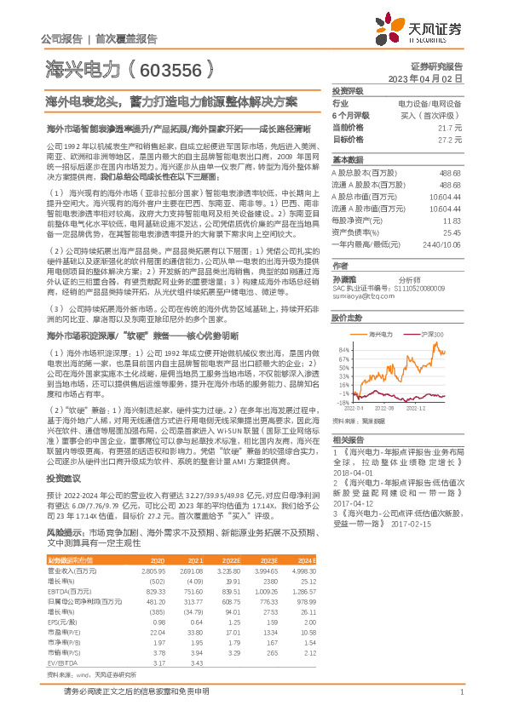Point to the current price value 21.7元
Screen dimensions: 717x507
tap(451, 126)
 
